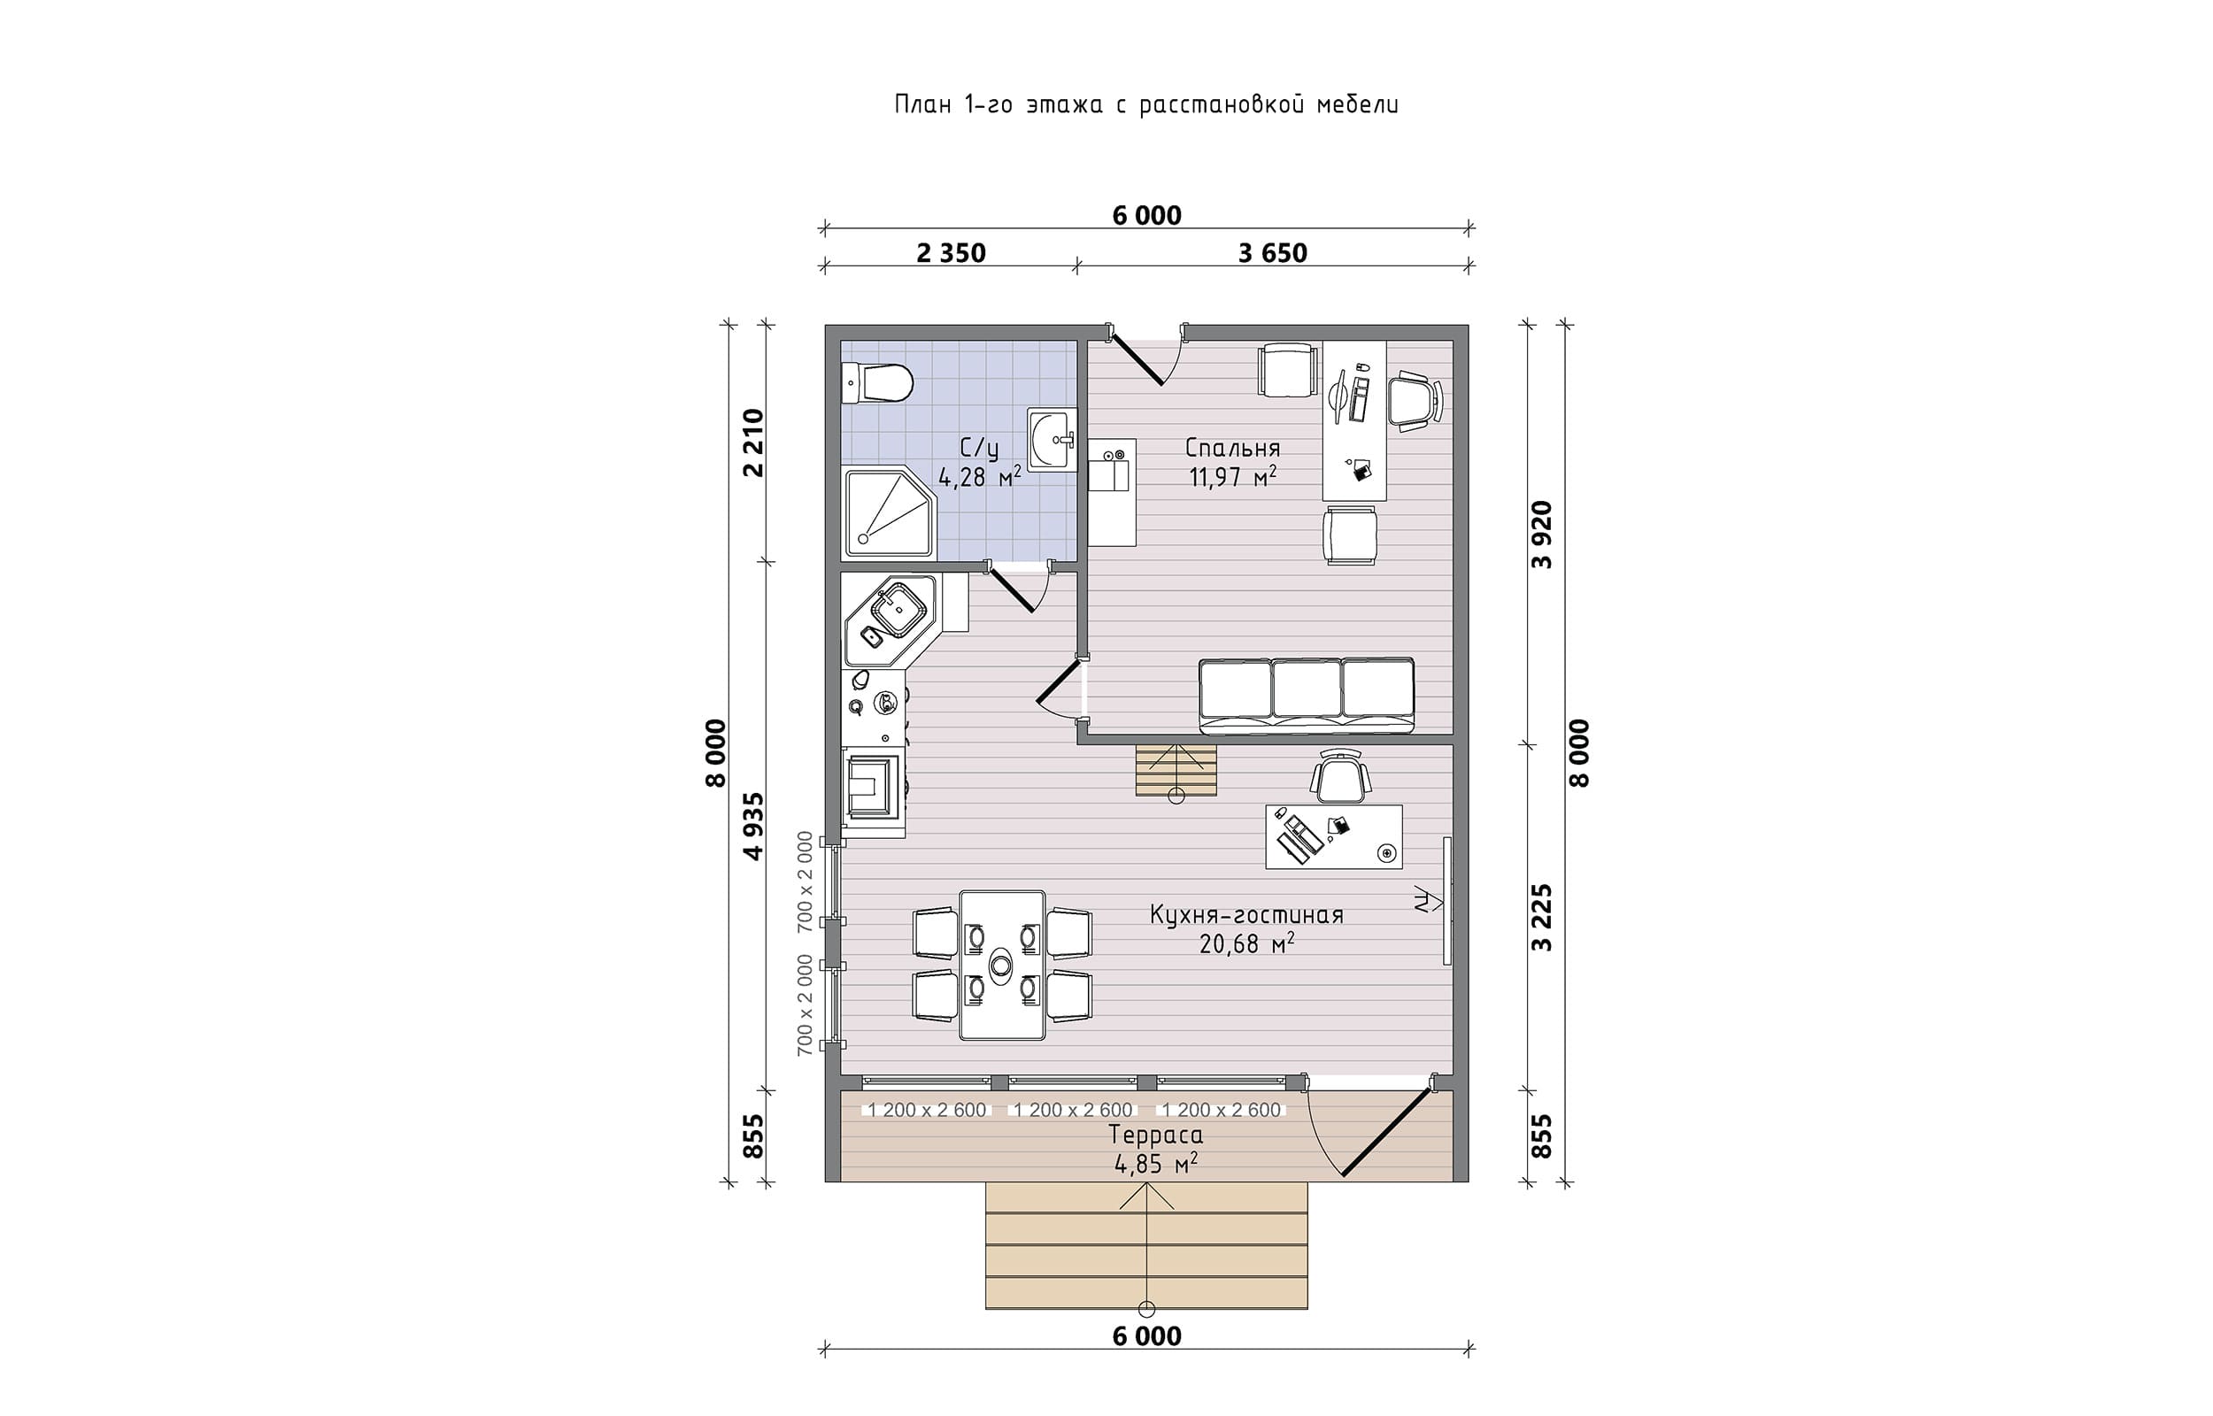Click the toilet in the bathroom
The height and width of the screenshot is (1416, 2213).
(x=234, y=381)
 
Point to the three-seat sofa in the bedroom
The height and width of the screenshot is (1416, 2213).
(x=1307, y=695)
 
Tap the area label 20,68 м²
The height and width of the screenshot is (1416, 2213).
(x=1246, y=943)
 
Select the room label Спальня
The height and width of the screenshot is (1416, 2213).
(x=1232, y=448)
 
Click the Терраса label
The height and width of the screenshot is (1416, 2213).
(x=1155, y=1135)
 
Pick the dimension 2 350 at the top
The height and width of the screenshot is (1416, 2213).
(x=951, y=253)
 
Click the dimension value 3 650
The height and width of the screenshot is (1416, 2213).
(x=1272, y=253)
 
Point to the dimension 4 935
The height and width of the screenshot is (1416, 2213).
(x=753, y=826)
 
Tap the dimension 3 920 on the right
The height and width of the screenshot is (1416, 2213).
(x=1542, y=535)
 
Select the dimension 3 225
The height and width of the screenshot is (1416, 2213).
(x=1542, y=917)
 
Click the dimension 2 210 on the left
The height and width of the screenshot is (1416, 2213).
(x=753, y=442)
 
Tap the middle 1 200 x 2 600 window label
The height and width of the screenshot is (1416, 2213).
(x=1073, y=1110)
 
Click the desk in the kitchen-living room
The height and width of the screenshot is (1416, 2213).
(x=1333, y=835)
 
